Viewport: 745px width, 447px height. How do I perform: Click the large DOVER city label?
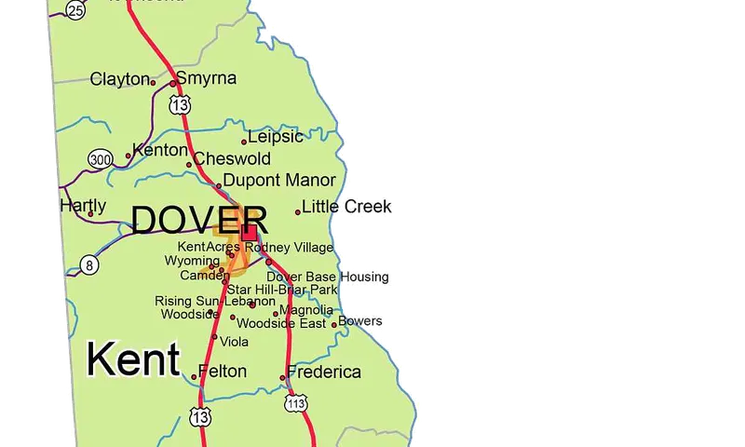coord(199,221)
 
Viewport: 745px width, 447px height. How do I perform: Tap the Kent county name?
coord(132,359)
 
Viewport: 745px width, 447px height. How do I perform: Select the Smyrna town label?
coord(206,78)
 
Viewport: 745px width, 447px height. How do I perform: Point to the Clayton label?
coord(119,80)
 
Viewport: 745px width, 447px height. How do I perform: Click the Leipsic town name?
coord(275,137)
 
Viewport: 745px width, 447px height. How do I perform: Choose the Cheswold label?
coord(232,159)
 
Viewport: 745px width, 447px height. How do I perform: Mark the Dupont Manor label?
coord(279,181)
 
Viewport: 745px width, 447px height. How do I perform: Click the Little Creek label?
coord(346,207)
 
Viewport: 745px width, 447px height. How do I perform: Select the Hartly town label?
coord(83,206)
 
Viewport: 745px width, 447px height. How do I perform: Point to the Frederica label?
coord(324,372)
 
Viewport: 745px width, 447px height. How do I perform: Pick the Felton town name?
coord(223,372)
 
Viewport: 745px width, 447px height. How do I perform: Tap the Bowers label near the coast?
coord(360,321)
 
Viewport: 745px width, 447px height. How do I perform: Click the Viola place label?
coord(234,342)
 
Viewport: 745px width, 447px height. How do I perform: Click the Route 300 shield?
coord(101,159)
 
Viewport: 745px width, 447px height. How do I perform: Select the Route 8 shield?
coord(89,264)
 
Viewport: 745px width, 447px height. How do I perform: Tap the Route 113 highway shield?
coord(297,404)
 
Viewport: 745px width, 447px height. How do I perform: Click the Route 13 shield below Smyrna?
coord(180,103)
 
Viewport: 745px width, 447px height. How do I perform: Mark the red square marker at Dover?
coord(250,232)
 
